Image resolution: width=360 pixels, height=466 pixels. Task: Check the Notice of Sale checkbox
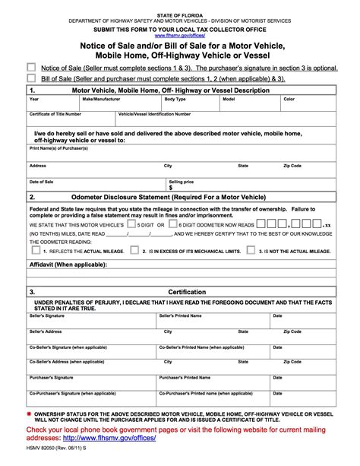coord(31,67)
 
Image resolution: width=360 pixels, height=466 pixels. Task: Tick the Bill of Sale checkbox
coord(31,78)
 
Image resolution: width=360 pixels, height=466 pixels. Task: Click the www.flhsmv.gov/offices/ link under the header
coord(180,35)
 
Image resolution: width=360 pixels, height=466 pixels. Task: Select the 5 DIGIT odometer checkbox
coord(131,225)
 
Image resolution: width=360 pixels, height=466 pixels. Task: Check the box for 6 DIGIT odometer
coord(172,225)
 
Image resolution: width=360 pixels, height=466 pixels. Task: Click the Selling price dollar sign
coord(171,187)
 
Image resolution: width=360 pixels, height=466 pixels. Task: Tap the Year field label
coord(34,99)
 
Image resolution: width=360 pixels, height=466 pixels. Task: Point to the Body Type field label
coord(175,99)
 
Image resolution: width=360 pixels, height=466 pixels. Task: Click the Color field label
coord(289,99)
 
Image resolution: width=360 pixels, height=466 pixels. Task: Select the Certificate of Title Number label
coord(55,113)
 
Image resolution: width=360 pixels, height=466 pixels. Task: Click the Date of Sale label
coord(42,182)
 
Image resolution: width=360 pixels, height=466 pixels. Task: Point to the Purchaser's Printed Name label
coord(185,377)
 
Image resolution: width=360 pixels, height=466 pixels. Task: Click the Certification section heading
coord(186,292)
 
